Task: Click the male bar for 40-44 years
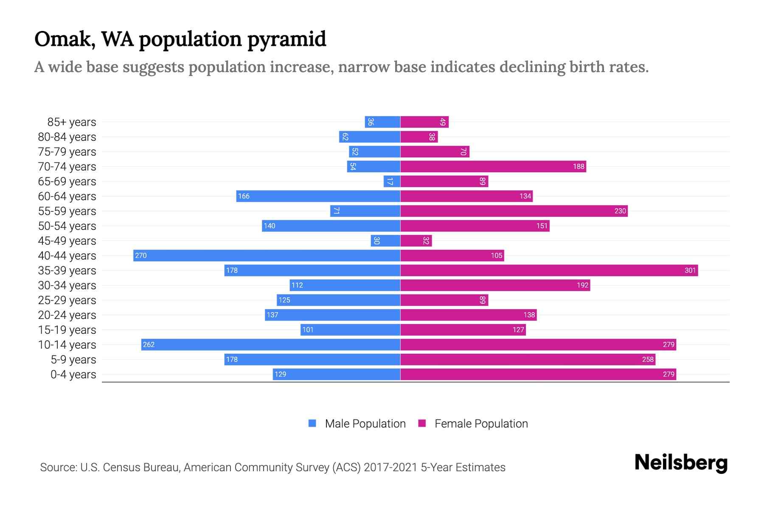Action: pyautogui.click(x=267, y=255)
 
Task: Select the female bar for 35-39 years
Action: pyautogui.click(x=549, y=270)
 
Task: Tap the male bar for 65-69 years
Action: pyautogui.click(x=392, y=182)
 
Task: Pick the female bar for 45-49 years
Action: pyautogui.click(x=416, y=241)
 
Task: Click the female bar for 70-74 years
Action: pyautogui.click(x=493, y=167)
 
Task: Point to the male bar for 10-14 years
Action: pyautogui.click(x=271, y=344)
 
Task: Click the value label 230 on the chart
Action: pyautogui.click(x=620, y=211)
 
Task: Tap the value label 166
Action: pyautogui.click(x=244, y=196)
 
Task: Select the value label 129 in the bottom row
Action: pyautogui.click(x=280, y=374)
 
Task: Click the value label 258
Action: pyautogui.click(x=648, y=359)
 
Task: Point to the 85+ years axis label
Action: pyautogui.click(x=72, y=122)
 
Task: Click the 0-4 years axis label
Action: pyautogui.click(x=73, y=375)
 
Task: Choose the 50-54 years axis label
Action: pyautogui.click(x=67, y=226)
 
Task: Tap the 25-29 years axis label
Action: pyautogui.click(x=67, y=300)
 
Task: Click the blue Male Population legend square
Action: pyautogui.click(x=312, y=423)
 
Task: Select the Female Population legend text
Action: pyautogui.click(x=481, y=424)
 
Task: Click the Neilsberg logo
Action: pyautogui.click(x=681, y=463)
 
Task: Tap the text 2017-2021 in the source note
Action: pyautogui.click(x=390, y=467)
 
